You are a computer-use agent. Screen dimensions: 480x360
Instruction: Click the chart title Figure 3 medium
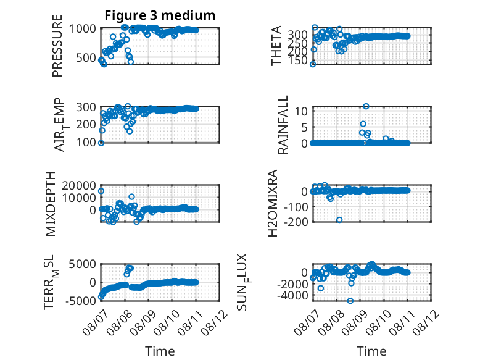pyautogui.click(x=160, y=15)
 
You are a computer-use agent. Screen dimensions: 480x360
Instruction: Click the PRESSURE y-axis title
pyautogui.click(x=57, y=46)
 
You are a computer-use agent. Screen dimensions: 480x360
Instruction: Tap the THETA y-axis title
pyautogui.click(x=276, y=46)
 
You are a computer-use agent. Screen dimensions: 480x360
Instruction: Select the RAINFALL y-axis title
pyautogui.click(x=283, y=124)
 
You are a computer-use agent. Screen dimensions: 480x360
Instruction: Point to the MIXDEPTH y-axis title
pyautogui.click(x=51, y=203)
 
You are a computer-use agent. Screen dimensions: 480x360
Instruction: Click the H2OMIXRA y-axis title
pyautogui.click(x=273, y=203)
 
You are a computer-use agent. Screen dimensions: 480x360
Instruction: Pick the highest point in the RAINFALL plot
pyautogui.click(x=366, y=106)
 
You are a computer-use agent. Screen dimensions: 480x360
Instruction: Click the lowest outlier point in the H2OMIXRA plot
pyautogui.click(x=339, y=220)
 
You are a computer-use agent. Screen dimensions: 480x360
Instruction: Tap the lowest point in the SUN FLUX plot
pyautogui.click(x=350, y=301)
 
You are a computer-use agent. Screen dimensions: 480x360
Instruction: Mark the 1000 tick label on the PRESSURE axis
pyautogui.click(x=82, y=29)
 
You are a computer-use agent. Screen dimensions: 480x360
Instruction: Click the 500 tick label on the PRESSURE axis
pyautogui.click(x=86, y=57)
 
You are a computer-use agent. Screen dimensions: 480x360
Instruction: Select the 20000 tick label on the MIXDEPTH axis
pyautogui.click(x=79, y=185)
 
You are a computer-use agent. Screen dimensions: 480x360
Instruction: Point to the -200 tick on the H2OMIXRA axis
pyautogui.click(x=296, y=222)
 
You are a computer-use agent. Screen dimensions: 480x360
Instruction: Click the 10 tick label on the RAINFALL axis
pyautogui.click(x=302, y=111)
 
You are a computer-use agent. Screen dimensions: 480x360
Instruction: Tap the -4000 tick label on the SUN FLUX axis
pyautogui.click(x=292, y=296)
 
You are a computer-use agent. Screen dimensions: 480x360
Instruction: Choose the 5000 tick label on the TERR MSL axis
pyautogui.click(x=82, y=264)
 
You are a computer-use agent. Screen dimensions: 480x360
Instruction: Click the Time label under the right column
pyautogui.click(x=371, y=351)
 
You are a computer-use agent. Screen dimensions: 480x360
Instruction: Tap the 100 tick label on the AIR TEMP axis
pyautogui.click(x=86, y=142)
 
